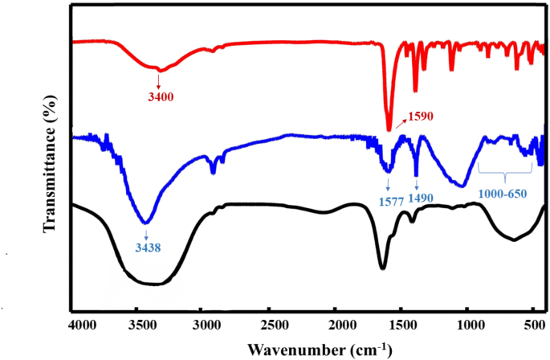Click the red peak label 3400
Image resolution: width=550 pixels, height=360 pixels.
coord(161,96)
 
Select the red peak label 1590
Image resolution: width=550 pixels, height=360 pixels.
coord(420,116)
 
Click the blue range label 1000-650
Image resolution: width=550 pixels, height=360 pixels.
coord(503,194)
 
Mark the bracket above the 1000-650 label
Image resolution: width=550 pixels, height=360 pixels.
coord(505,173)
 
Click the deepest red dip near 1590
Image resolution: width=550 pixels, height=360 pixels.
coord(389,129)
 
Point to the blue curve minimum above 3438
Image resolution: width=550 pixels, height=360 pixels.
coord(145,222)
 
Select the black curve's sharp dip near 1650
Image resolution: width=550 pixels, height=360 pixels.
coord(383,268)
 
